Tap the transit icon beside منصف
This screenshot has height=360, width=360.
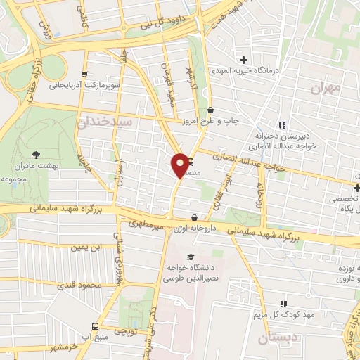click(x=189, y=161)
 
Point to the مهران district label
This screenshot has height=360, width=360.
click(x=324, y=88)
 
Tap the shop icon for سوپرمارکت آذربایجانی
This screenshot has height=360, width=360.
click(x=84, y=75)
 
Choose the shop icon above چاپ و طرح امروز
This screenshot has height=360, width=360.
click(x=211, y=110)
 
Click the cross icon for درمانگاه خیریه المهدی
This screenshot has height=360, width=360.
click(x=243, y=60)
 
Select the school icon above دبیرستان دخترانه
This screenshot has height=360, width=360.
click(x=282, y=124)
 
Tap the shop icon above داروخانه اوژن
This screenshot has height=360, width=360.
click(x=195, y=217)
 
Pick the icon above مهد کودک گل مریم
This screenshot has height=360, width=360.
click(x=283, y=302)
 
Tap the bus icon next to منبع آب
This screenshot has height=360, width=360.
click(x=95, y=326)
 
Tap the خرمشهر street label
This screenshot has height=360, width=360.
click(x=63, y=348)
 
